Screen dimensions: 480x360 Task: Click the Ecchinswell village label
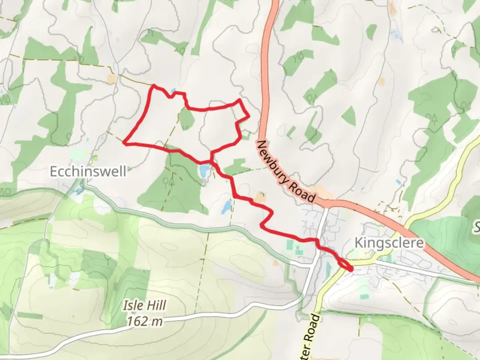pos(88,172)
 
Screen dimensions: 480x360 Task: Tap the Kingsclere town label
pos(389,243)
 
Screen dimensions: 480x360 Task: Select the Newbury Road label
pos(286,172)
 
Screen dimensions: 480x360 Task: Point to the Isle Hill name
pos(145,305)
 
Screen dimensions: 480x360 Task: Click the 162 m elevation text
pos(145,321)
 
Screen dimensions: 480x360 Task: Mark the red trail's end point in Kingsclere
pos(351,269)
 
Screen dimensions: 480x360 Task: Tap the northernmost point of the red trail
pos(154,86)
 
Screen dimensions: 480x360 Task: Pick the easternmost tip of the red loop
pos(249,116)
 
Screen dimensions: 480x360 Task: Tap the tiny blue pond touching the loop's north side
pos(173,91)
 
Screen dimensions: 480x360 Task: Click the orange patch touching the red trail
pos(259,199)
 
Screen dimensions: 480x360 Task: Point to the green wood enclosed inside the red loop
pos(186,119)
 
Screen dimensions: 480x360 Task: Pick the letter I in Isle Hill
pos(125,305)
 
